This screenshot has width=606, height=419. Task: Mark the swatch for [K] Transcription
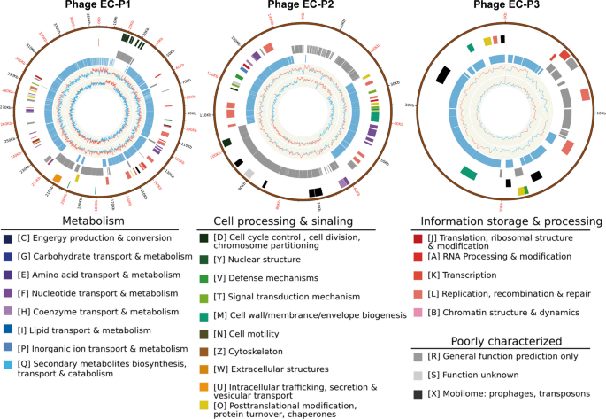417,273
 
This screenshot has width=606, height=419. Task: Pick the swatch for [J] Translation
417,239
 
